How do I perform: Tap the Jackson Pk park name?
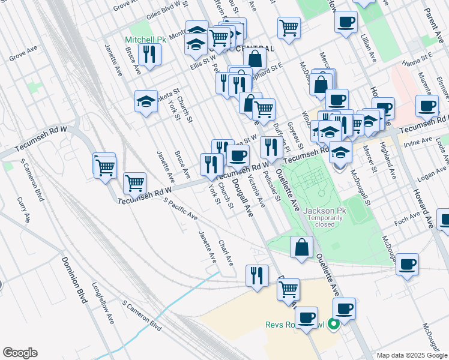coord(326,211)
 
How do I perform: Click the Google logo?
coord(20,353)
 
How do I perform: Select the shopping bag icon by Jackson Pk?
coord(301,247)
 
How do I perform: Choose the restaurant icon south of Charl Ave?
coord(257,276)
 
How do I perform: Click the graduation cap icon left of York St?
coord(146,102)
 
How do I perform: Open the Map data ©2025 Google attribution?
coord(411,355)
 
